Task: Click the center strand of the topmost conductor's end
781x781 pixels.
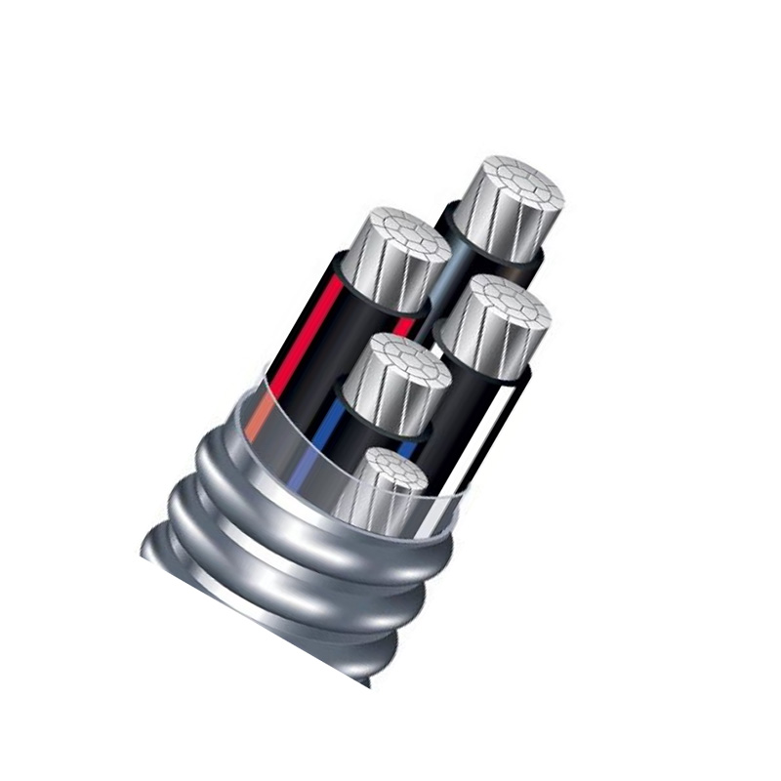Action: tap(514, 185)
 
